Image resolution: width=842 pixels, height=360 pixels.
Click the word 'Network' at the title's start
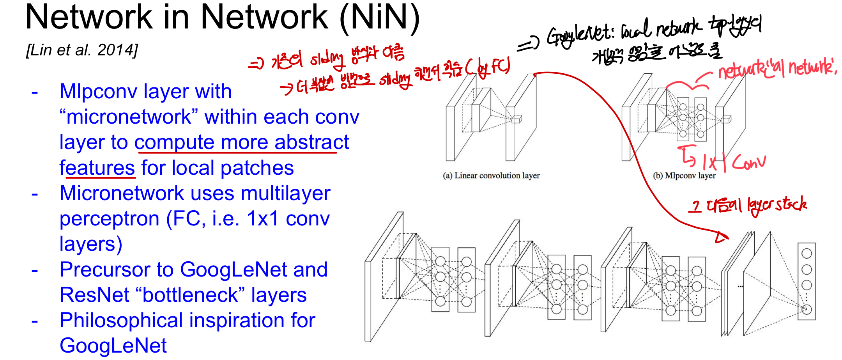coord(89,17)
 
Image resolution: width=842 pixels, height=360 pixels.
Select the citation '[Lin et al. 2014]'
coord(82,50)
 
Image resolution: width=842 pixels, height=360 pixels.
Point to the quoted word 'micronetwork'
coord(129,117)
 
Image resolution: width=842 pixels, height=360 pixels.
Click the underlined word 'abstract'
coord(312,142)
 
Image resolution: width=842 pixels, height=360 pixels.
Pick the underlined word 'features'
coord(97,168)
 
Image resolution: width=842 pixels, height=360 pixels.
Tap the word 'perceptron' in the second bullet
coord(109,219)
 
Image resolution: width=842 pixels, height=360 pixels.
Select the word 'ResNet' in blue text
coord(94,295)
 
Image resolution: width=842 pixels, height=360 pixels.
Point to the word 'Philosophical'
coord(121,320)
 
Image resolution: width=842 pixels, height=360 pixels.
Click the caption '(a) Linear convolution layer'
coord(491,176)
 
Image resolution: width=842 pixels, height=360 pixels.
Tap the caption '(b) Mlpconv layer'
coord(684,176)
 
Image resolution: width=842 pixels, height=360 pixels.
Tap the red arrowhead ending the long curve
coord(721,237)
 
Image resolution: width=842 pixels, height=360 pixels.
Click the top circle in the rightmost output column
coord(807,254)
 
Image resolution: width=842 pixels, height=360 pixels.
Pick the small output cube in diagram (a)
coord(517,119)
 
